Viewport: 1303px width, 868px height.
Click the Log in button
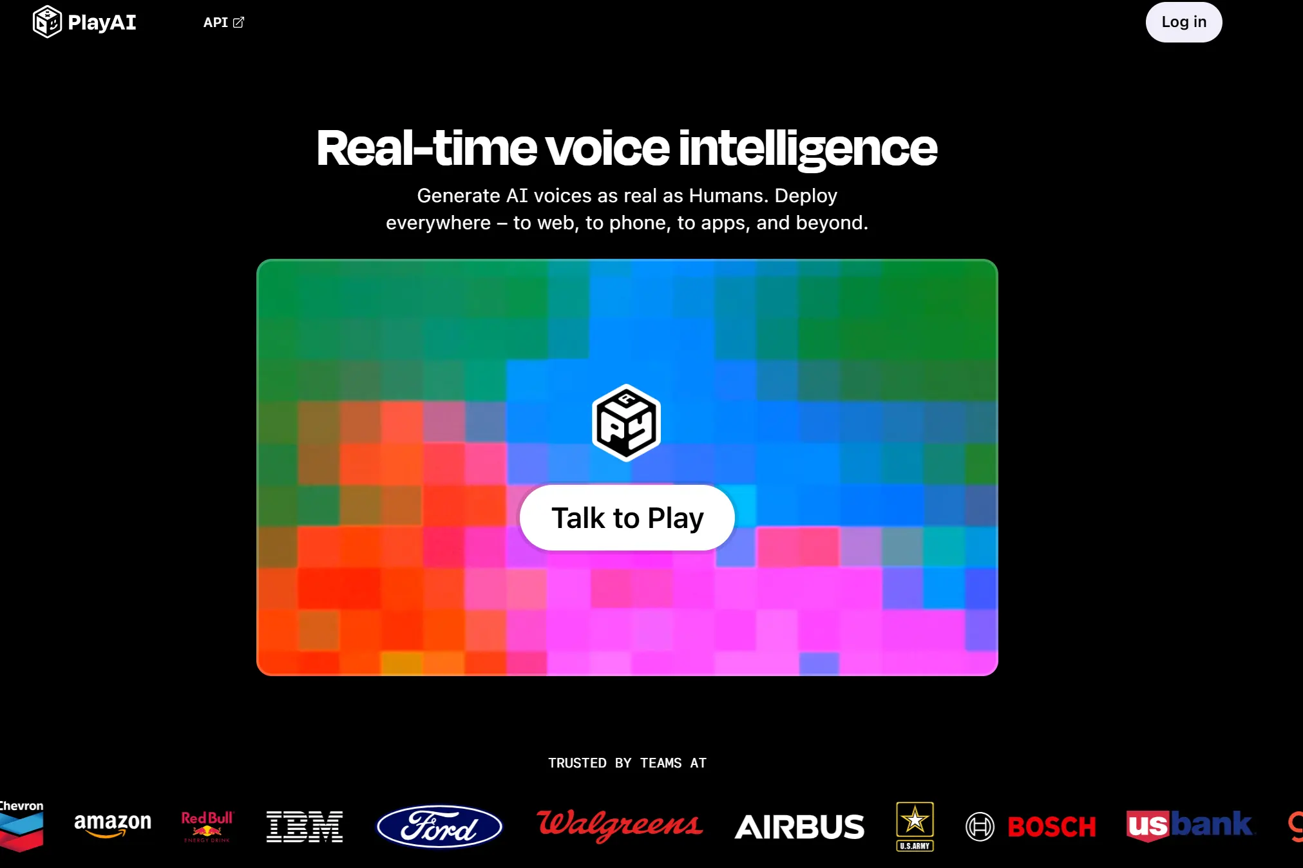coord(1183,22)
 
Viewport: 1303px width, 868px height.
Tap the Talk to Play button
coord(627,518)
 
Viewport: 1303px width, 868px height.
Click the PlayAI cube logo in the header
coord(47,22)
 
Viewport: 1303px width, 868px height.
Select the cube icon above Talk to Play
coord(626,422)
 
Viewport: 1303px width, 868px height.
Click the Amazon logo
coord(113,824)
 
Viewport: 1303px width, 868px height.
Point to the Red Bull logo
coord(207,826)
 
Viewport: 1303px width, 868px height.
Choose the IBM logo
coord(305,827)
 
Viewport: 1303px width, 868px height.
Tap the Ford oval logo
coord(439,827)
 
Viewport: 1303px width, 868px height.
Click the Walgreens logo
coord(620,825)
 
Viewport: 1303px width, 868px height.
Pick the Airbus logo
coord(799,827)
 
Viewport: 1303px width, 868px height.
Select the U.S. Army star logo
coord(915,826)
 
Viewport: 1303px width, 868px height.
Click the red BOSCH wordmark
coord(1052,827)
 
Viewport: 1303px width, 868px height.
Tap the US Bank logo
coord(1190,826)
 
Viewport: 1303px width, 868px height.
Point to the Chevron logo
coord(21,826)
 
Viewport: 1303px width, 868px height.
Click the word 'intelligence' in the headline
coord(808,149)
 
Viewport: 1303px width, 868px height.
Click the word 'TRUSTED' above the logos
coord(577,763)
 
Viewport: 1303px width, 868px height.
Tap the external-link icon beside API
coord(239,23)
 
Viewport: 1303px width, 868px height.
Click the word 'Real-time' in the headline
coord(426,148)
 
